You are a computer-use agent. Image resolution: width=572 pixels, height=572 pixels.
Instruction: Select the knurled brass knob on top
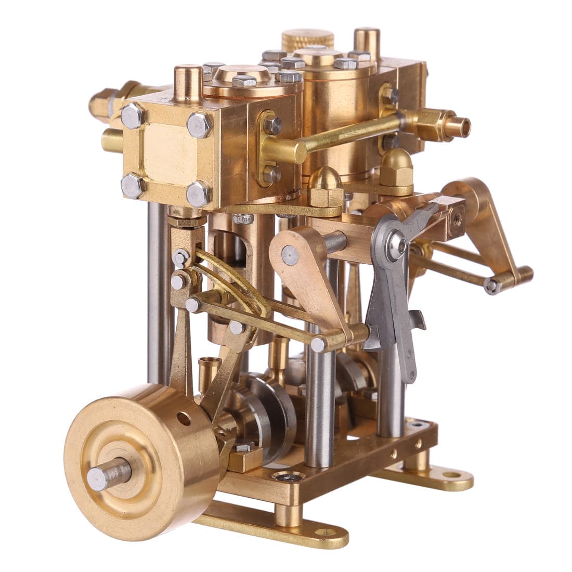308,40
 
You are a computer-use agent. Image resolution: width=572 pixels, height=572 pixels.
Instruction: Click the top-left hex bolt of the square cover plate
133,115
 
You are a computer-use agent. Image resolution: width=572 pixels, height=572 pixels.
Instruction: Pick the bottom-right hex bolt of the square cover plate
199,193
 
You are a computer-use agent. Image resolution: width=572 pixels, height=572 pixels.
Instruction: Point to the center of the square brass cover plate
165,155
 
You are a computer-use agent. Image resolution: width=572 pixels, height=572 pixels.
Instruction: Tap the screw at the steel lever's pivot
398,244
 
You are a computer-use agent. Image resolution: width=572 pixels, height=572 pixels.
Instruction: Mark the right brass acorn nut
397,166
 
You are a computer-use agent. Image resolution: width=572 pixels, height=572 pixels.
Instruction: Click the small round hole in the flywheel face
183,418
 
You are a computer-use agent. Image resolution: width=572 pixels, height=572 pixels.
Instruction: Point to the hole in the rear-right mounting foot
451,475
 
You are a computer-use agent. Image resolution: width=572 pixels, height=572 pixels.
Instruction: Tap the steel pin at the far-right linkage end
491,285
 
